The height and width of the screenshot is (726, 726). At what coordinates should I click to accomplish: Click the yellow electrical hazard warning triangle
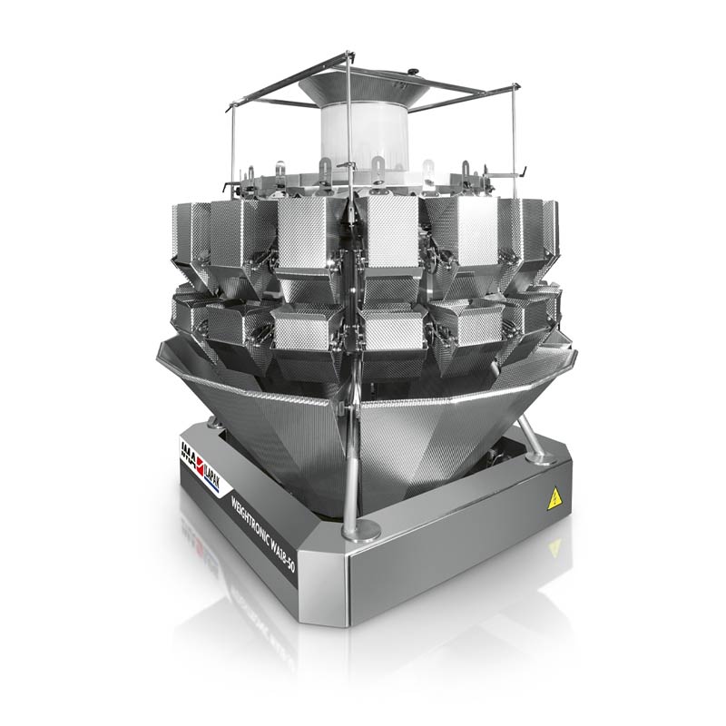tap(550, 496)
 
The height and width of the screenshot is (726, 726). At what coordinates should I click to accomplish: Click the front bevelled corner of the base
tap(349, 590)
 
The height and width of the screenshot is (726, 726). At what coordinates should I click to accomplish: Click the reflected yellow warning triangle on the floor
tap(551, 548)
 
